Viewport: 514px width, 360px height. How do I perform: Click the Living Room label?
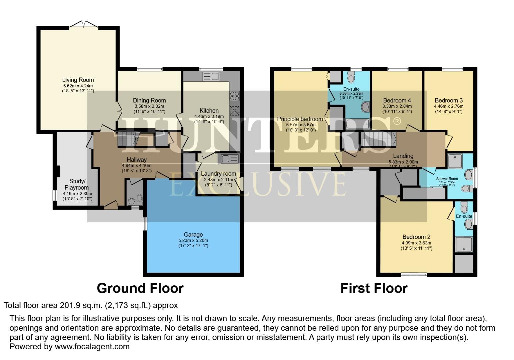pos(78,80)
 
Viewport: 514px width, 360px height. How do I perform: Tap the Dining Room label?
pos(149,101)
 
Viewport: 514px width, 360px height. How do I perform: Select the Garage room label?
pos(193,235)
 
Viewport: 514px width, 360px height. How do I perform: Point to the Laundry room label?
pos(218,174)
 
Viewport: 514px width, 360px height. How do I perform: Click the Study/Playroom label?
pos(77,184)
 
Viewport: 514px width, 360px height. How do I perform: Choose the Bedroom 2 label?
pos(416,237)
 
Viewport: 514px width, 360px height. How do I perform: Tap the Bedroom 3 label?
pos(448,100)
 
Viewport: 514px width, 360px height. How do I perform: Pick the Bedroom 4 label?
pos(397,100)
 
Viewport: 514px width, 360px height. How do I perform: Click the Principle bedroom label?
pos(300,119)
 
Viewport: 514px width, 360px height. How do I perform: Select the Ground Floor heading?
pos(140,288)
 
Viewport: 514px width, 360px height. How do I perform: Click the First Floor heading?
pos(374,288)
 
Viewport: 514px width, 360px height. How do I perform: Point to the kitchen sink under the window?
pos(211,76)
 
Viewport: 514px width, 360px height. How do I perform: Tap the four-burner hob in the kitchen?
pos(234,96)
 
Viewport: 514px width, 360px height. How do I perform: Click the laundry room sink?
pos(228,159)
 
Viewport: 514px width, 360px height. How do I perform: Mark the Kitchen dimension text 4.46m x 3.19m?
pos(209,116)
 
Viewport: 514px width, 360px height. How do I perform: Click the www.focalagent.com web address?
pos(92,347)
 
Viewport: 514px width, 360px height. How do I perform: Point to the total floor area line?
pos(91,305)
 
